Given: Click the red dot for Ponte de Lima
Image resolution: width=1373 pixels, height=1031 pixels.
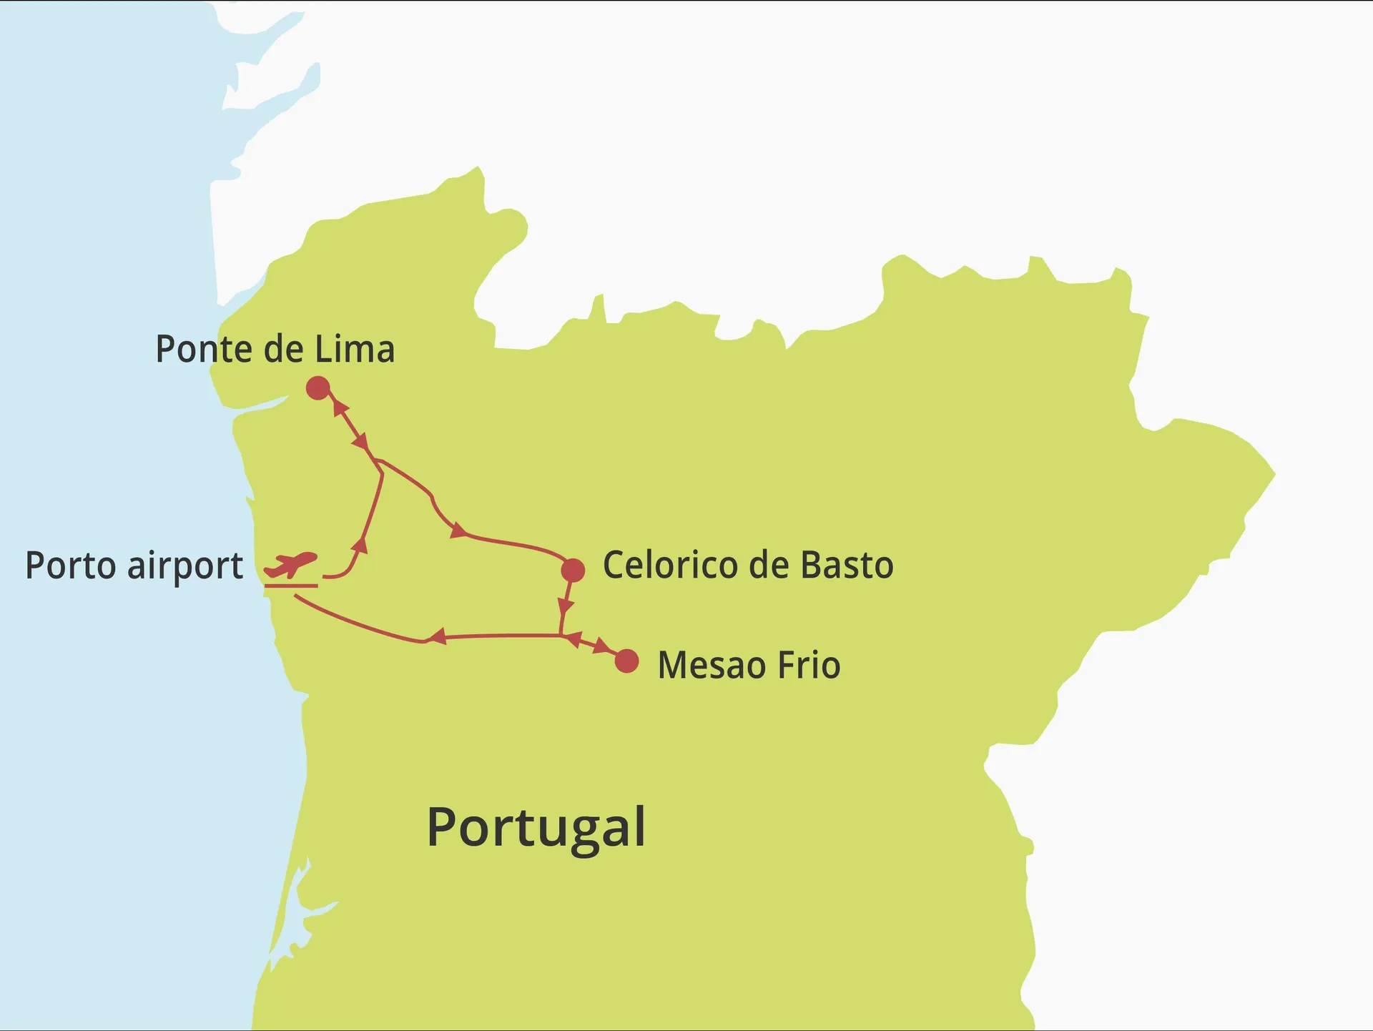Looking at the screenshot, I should (318, 388).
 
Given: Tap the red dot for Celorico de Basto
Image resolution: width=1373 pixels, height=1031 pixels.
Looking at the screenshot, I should (573, 570).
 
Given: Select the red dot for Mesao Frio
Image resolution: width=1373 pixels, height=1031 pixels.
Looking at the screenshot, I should (626, 661).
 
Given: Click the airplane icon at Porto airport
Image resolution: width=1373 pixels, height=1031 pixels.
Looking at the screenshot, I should (291, 564).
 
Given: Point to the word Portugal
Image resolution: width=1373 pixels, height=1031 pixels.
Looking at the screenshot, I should (536, 827).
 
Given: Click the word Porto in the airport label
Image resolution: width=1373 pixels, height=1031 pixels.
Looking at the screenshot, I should (70, 566).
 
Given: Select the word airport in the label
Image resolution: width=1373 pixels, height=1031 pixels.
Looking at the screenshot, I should (185, 567).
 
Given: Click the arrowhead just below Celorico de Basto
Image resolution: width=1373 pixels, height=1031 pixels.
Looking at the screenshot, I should (565, 606).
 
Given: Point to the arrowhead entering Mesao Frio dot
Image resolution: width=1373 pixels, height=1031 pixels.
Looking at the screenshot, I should (603, 648).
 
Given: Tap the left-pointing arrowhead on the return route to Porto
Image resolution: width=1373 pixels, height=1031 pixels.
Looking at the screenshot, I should (437, 636).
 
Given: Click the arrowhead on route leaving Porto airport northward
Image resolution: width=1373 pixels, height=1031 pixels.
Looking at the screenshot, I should (360, 546).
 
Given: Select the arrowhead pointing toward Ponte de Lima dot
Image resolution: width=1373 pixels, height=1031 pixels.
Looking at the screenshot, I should (340, 409).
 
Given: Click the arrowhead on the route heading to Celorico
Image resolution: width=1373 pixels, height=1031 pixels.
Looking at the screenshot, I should (457, 531).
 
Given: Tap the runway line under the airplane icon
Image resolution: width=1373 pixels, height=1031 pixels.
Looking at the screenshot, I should (291, 586).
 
